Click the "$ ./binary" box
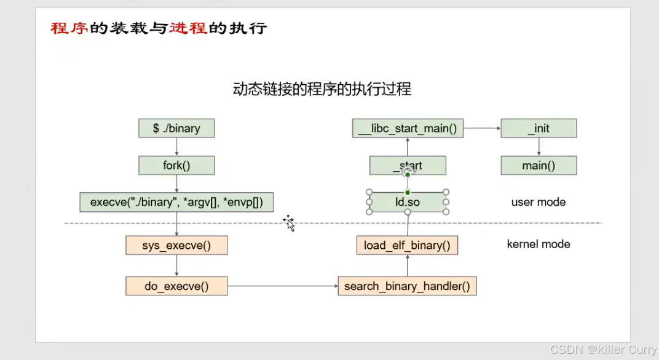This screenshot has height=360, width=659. (x=176, y=128)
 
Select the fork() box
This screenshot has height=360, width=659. (x=176, y=165)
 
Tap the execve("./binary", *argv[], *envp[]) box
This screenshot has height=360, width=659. (x=176, y=202)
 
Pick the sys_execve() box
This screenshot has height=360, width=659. (x=176, y=245)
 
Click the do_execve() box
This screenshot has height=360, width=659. (x=176, y=286)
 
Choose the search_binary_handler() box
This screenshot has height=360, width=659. (x=407, y=286)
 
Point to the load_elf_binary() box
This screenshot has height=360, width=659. (x=407, y=245)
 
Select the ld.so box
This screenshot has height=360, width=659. (x=407, y=202)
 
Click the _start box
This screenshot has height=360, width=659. (x=407, y=165)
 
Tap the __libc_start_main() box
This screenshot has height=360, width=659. (x=408, y=128)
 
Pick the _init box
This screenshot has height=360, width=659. (x=539, y=128)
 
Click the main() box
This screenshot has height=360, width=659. (x=539, y=165)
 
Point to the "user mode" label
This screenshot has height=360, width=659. (x=539, y=202)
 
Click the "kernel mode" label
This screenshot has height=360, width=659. (x=539, y=244)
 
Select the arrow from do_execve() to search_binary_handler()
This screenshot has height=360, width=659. (x=282, y=286)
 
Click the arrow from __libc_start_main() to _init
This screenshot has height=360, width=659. (x=482, y=128)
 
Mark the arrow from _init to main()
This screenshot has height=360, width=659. (x=539, y=147)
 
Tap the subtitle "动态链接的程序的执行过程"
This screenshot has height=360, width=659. (x=322, y=89)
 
